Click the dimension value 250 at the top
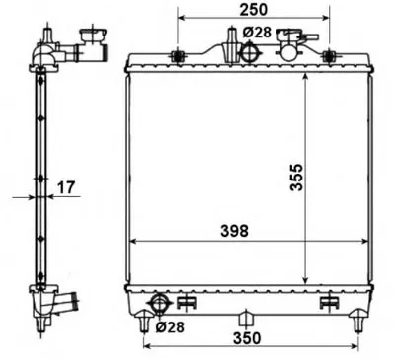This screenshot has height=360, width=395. pyautogui.click(x=254, y=10)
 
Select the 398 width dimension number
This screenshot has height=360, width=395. pyautogui.click(x=234, y=231)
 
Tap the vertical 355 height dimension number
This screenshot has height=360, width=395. pyautogui.click(x=296, y=177)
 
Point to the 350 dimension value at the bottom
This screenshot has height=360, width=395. pyautogui.click(x=247, y=338)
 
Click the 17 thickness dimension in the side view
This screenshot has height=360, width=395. pyautogui.click(x=66, y=187)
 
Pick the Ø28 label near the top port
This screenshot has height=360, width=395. pyautogui.click(x=257, y=32)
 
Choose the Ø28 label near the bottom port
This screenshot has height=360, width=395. pyautogui.click(x=170, y=327)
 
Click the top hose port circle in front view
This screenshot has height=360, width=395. pyautogui.click(x=251, y=52)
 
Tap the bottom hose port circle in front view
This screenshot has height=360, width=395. pyautogui.click(x=160, y=304)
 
